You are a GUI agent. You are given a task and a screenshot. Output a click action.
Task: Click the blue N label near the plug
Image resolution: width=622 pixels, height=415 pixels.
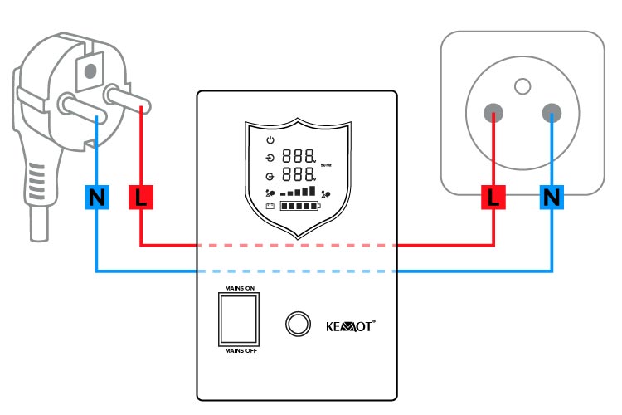(97, 198)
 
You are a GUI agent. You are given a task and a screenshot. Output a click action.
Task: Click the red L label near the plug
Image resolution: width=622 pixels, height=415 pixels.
(140, 198)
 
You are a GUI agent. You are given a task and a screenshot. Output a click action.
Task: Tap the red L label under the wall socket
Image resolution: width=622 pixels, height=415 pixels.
(495, 198)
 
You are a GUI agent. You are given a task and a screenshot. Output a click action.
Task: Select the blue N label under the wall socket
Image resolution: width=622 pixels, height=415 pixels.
(552, 198)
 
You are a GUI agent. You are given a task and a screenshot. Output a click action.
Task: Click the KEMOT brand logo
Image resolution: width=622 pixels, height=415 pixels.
(346, 325)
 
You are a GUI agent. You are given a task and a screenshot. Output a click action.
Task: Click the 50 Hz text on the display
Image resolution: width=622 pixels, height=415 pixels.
(327, 165)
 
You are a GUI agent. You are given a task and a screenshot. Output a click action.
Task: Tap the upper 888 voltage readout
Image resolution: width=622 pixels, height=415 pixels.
(299, 156)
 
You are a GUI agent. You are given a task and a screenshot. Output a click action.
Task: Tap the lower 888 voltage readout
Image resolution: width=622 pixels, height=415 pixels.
(299, 175)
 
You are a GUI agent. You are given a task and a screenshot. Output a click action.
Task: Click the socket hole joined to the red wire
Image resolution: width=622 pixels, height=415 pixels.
(493, 110)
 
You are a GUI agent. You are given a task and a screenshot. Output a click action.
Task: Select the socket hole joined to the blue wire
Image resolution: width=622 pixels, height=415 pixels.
(551, 110)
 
